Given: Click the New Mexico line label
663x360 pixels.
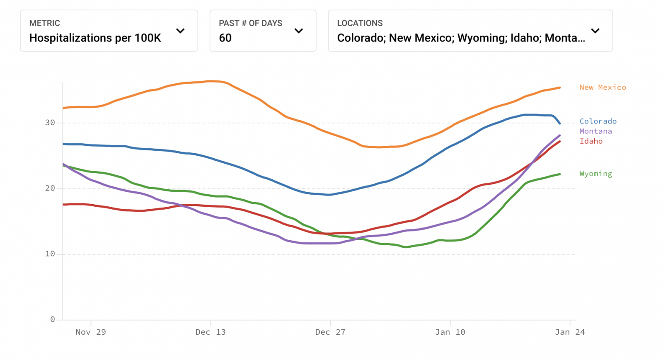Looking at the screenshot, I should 603,87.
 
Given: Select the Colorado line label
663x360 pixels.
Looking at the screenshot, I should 598,121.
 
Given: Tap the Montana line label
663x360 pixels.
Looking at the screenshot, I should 595,131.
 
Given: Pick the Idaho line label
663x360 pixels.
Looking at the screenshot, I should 591,141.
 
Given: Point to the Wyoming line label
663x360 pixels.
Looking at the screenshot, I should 595,174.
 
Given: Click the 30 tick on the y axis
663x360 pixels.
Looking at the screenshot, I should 50,123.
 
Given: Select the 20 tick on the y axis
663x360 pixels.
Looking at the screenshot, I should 50,188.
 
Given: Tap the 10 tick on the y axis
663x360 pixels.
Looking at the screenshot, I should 50,254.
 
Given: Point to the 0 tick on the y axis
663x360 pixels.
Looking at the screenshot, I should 53,319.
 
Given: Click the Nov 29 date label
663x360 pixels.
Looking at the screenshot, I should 91,332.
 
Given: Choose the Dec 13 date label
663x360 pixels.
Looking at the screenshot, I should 211,332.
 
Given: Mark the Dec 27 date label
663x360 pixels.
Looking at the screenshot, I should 330,332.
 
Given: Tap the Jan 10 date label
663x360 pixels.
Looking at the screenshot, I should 450,332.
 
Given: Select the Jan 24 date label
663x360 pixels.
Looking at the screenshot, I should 570,332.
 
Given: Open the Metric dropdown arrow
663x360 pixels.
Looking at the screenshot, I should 180,31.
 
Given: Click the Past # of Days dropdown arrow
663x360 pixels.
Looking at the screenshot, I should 299,31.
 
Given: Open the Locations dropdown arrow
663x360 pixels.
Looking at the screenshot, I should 595,31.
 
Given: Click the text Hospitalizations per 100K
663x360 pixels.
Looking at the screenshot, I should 95,38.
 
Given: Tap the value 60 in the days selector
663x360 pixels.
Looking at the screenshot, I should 225,38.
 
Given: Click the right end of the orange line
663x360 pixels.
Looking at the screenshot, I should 560,88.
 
